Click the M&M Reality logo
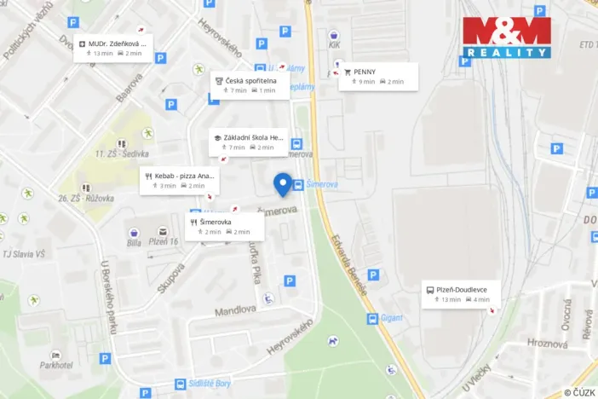click(x=506, y=38)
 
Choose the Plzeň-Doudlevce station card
click(x=461, y=294)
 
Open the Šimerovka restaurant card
click(x=221, y=226)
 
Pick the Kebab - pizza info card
click(x=178, y=180)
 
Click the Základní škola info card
click(x=248, y=142)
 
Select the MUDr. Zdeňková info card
click(x=114, y=48)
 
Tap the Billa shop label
click(x=134, y=242)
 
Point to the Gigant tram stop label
click(x=392, y=319)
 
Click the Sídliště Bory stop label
click(x=210, y=384)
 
